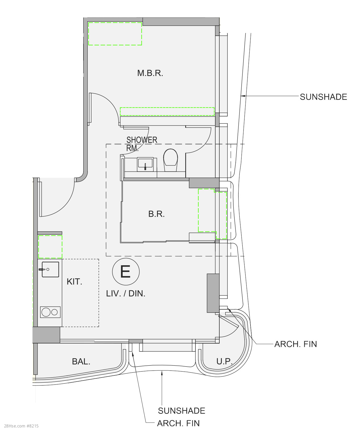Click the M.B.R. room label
(x=150, y=73)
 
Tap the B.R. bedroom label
(x=156, y=214)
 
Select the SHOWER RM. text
(x=142, y=144)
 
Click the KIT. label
(x=74, y=282)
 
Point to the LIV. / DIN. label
(x=126, y=293)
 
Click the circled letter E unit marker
(x=126, y=271)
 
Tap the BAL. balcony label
(x=81, y=361)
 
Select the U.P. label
(x=224, y=361)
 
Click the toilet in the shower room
(x=171, y=160)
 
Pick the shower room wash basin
(x=145, y=164)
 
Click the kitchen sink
(x=50, y=269)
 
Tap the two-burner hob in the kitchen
(x=50, y=312)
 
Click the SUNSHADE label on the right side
(x=323, y=97)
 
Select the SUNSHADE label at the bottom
(x=181, y=411)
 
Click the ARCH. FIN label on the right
(x=296, y=344)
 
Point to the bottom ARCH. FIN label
(x=178, y=423)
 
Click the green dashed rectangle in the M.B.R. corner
(x=115, y=34)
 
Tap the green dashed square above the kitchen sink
(x=50, y=247)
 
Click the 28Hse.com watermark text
(x=21, y=426)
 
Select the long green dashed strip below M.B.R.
(x=167, y=112)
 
